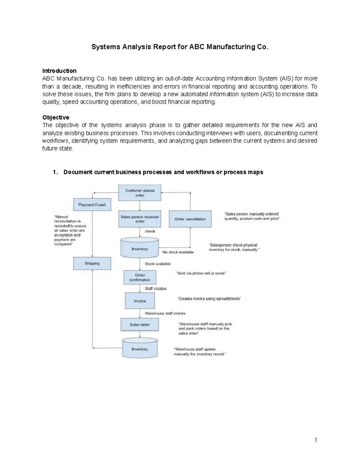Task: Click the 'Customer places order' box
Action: coord(140,193)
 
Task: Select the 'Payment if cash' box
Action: coord(92,205)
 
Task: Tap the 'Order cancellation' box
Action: coord(190,219)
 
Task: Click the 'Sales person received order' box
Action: coord(140,219)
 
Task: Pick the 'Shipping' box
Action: coord(92,263)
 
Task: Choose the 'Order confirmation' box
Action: coord(140,277)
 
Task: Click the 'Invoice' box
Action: coord(140,301)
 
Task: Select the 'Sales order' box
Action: coord(140,325)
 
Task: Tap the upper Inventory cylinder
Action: coord(140,248)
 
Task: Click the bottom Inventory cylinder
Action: coord(140,349)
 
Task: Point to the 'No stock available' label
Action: coord(178,252)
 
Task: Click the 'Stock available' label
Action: coord(158,264)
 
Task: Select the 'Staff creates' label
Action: coord(156,289)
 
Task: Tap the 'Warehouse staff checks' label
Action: coord(165,313)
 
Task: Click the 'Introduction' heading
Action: coord(59,71)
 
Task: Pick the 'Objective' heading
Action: coord(56,117)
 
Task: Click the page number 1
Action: coord(316,440)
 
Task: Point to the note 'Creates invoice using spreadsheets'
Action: coord(209,299)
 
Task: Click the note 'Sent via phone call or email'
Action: coord(201,273)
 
